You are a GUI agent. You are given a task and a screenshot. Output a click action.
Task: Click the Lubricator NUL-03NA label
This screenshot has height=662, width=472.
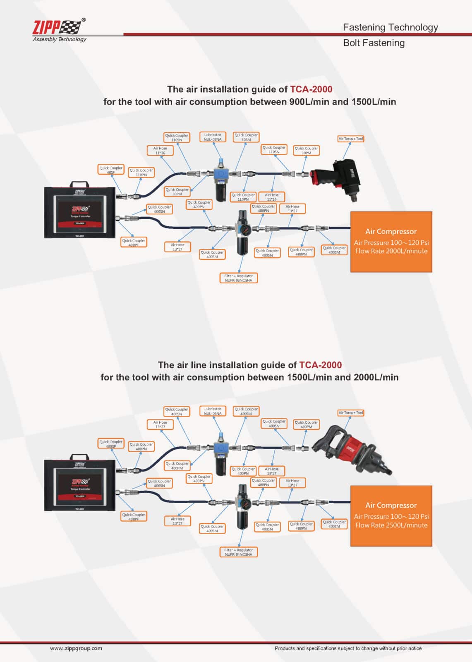coord(213,137)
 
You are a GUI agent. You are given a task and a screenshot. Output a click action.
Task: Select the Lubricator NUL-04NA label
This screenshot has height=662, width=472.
coord(213,411)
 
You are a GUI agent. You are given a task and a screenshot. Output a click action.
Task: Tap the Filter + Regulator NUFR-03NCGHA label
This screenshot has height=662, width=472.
coord(238,278)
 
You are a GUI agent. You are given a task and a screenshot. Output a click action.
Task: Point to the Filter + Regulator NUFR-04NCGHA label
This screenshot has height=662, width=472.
coord(238,552)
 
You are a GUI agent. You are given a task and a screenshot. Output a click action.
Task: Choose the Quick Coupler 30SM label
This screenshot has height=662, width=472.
coord(246,137)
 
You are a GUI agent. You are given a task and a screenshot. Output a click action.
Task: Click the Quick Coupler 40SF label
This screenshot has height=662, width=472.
coord(111,170)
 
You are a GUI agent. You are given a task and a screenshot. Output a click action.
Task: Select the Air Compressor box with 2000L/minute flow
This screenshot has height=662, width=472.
coord(391,242)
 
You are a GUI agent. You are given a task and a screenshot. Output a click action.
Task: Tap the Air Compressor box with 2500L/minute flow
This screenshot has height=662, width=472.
coord(391,516)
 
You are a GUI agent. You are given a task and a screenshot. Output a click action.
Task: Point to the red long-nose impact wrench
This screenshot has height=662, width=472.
coord(352,451)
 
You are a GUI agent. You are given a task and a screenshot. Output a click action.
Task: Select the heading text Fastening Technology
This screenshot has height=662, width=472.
coord(390,27)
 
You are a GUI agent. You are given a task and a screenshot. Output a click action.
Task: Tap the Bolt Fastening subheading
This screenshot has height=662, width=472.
coord(374,43)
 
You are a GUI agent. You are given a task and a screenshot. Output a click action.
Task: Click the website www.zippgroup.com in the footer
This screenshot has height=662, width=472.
coord(76,648)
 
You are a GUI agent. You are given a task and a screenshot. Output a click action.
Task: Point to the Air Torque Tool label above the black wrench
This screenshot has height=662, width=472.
coord(351,139)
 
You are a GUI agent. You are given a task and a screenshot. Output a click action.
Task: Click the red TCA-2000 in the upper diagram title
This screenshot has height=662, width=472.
coord(311,89)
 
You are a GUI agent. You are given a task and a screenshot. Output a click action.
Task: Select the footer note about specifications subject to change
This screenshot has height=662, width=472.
coord(348,648)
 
